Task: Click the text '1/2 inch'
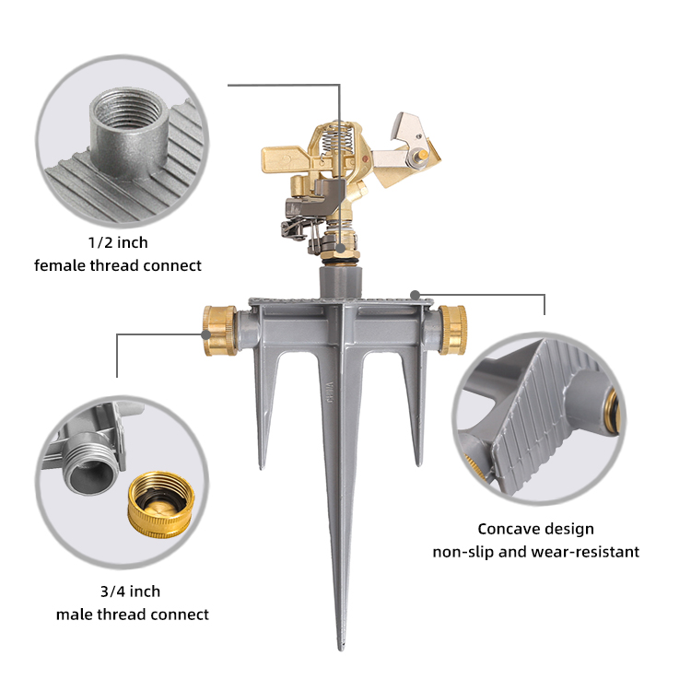click(118, 242)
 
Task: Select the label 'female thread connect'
click(118, 265)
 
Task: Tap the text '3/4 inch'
click(130, 591)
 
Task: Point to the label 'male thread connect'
click(132, 614)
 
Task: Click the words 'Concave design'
click(535, 529)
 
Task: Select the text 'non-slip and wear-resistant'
click(535, 551)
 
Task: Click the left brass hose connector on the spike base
click(219, 330)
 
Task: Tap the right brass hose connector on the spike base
click(453, 330)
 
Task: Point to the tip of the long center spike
click(341, 649)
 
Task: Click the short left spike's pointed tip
click(262, 467)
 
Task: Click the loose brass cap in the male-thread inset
click(161, 505)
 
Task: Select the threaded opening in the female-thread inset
click(129, 109)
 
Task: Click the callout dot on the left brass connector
click(205, 334)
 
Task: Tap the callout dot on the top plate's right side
click(415, 295)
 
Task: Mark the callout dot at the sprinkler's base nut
click(340, 249)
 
